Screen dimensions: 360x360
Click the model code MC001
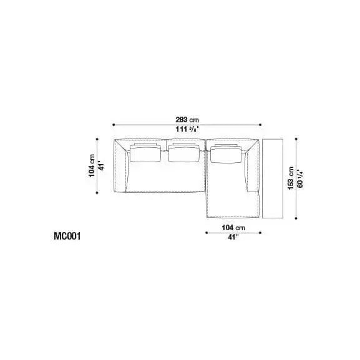pyautogui.click(x=67, y=236)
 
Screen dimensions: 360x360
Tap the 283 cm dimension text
pyautogui.click(x=187, y=120)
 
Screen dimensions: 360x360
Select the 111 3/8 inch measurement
pyautogui.click(x=187, y=129)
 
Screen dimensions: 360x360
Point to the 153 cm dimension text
pyautogui.click(x=291, y=178)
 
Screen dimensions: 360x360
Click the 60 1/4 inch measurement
pyautogui.click(x=300, y=178)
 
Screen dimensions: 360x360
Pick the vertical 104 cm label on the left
pyautogui.click(x=92, y=165)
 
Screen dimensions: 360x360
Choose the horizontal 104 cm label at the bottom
pyautogui.click(x=233, y=228)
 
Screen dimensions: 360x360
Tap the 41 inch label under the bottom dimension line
pyautogui.click(x=233, y=237)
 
